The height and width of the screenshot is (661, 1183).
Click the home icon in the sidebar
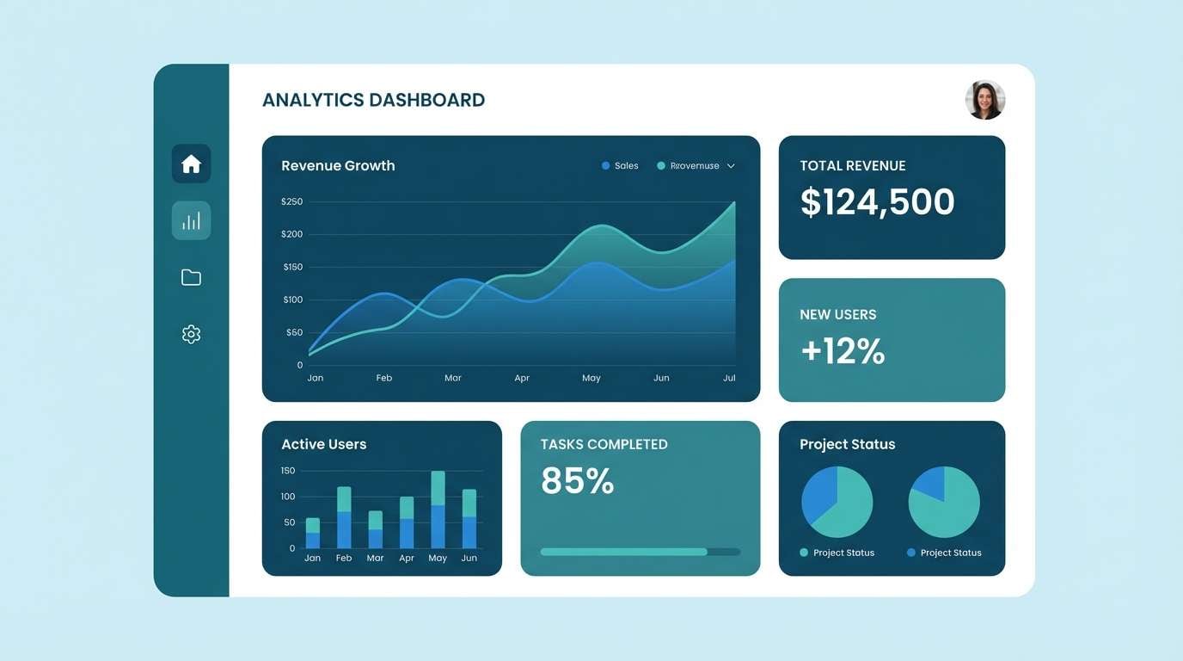(191, 164)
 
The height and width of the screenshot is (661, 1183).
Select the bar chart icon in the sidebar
(191, 220)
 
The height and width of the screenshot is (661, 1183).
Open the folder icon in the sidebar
(191, 277)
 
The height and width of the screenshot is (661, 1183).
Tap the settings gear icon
(191, 334)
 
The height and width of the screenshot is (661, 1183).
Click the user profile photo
(985, 100)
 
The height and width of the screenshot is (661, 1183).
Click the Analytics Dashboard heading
(373, 100)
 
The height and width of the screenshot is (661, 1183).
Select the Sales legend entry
(620, 166)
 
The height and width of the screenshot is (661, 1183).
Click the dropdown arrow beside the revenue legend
(731, 166)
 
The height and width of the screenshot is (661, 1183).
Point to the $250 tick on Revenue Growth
(292, 201)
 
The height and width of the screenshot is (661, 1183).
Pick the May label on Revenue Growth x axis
(591, 378)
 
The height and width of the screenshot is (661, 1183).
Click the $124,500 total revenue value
(877, 202)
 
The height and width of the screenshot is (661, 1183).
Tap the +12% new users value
(843, 351)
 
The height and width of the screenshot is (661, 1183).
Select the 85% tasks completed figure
(577, 481)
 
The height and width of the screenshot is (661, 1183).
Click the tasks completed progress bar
(640, 552)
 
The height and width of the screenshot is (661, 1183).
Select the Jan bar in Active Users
(313, 534)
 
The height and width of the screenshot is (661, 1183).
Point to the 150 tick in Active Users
(288, 471)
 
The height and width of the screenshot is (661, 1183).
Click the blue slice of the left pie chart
(819, 495)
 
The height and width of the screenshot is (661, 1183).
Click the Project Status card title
(847, 444)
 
